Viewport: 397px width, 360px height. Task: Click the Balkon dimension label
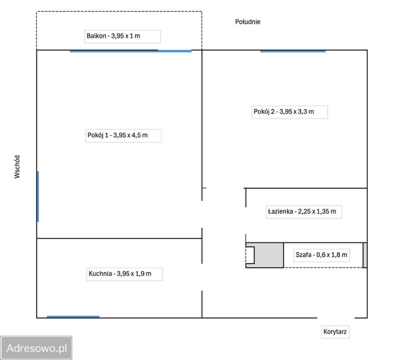pos(113,36)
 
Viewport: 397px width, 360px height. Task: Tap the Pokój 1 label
pos(117,135)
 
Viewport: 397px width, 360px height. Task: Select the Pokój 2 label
pos(284,112)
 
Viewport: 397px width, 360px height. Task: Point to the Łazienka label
pos(302,211)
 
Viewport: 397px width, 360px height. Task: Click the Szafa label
pos(321,255)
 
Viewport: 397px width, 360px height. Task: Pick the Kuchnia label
pos(120,274)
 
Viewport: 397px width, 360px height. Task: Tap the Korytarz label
pos(335,331)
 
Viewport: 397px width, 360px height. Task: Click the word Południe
pos(248,22)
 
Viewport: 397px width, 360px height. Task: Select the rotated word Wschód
pos(17,167)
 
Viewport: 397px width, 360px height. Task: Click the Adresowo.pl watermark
pos(36,348)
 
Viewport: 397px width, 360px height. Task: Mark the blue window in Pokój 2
pos(293,51)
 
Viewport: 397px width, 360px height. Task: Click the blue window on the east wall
pos(38,196)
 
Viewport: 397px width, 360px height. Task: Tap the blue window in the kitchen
pos(73,316)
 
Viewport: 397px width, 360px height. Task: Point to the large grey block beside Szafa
pos(268,255)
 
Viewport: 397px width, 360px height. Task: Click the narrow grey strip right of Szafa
pos(365,255)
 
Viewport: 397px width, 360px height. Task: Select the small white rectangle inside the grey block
pos(250,255)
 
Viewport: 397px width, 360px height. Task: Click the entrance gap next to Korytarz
pos(336,318)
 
